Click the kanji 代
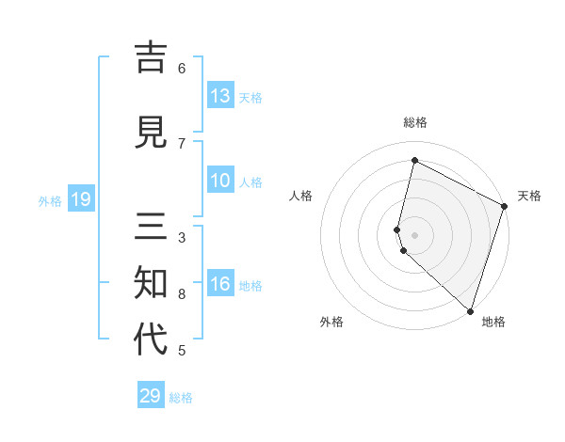[152, 339]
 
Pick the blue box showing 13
[220, 96]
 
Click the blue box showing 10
[220, 181]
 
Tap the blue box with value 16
[220, 284]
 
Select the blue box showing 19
[80, 199]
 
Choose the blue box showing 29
[151, 396]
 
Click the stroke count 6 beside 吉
[182, 68]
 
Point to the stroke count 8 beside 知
[182, 294]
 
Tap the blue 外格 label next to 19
[50, 200]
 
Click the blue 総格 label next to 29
[182, 398]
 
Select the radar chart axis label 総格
[414, 122]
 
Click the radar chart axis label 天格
[529, 196]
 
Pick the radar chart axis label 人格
[301, 196]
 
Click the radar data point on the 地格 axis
[469, 310]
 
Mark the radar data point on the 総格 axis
[414, 161]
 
